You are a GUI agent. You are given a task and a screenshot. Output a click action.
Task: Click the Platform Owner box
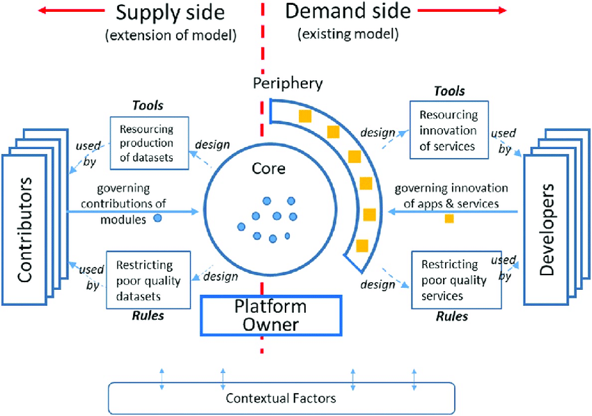click(271, 315)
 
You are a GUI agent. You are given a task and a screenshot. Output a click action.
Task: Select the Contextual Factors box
click(281, 399)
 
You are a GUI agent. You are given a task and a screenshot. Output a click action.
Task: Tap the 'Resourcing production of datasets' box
click(150, 143)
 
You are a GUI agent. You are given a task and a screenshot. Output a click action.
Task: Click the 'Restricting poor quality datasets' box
click(148, 279)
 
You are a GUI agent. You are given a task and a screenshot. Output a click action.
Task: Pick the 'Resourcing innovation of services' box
click(449, 130)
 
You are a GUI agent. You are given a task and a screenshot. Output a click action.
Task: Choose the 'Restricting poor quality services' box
click(456, 279)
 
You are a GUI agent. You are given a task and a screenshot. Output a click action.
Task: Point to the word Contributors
click(26, 230)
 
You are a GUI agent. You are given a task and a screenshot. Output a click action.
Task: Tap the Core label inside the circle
click(268, 169)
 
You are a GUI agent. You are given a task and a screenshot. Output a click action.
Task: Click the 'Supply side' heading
click(170, 13)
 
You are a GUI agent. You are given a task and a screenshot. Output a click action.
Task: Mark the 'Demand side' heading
click(348, 12)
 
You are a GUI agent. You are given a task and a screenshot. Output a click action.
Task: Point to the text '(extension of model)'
click(171, 35)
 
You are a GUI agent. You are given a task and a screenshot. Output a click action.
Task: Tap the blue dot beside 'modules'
click(157, 219)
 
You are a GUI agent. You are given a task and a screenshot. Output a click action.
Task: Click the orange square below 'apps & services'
click(449, 219)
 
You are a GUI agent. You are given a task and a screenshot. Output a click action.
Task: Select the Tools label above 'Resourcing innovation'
click(449, 91)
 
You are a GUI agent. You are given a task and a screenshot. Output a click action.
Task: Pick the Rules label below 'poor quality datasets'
click(148, 316)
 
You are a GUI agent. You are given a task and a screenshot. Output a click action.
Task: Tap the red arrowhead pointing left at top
click(43, 10)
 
